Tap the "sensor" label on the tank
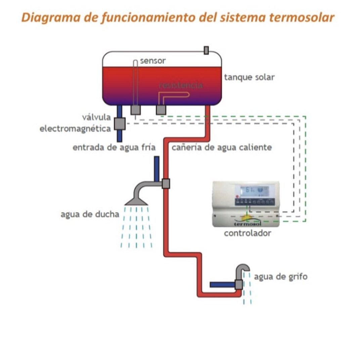(x=153, y=61)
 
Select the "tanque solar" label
(x=249, y=78)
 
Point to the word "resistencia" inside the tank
(x=181, y=85)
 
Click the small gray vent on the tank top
(x=206, y=50)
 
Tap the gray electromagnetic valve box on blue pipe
(x=120, y=124)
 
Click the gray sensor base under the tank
(x=135, y=110)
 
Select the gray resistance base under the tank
(x=162, y=110)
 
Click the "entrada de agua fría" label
(x=114, y=147)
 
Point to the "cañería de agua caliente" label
(x=222, y=147)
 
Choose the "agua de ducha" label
(x=90, y=214)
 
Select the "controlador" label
(x=247, y=233)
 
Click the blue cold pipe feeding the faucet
(x=222, y=285)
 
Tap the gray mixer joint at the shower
(x=166, y=184)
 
